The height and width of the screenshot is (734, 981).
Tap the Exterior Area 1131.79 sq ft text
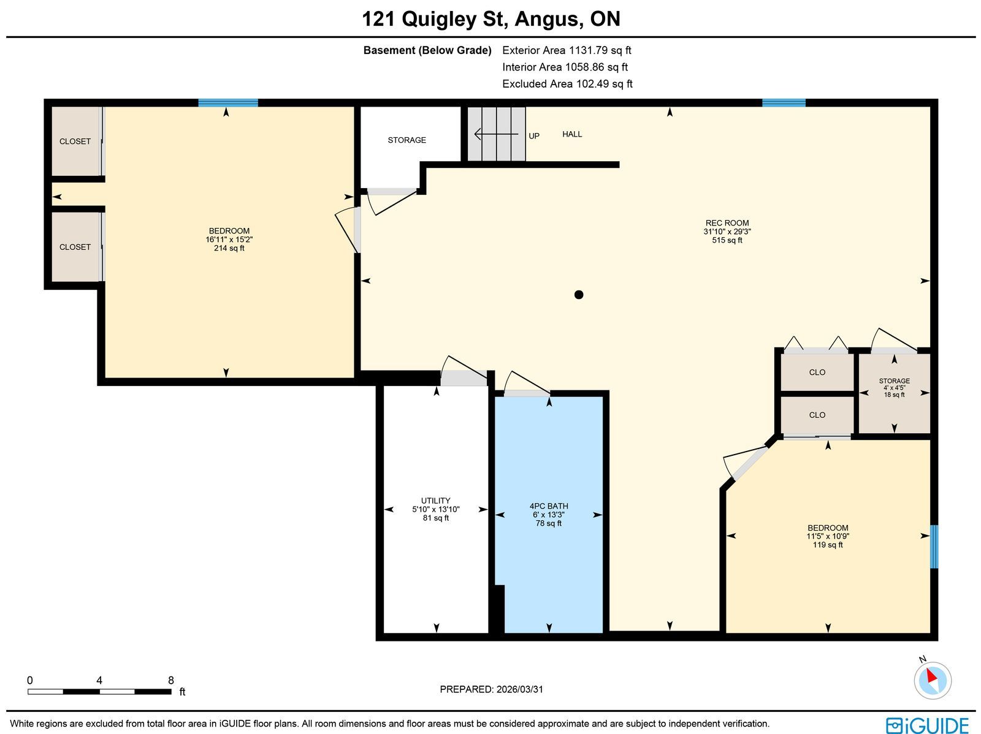[567, 50]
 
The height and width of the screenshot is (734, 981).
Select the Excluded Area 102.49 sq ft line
[567, 84]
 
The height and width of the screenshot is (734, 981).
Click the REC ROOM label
[727, 223]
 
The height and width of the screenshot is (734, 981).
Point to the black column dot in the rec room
[578, 295]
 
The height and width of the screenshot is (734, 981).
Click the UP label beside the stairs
[533, 136]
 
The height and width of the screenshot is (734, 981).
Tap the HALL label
[571, 134]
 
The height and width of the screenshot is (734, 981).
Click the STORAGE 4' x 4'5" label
[894, 388]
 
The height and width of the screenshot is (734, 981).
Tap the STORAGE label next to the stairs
[407, 140]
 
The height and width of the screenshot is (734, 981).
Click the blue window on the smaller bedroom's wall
[934, 547]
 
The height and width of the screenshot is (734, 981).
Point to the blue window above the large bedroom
[228, 103]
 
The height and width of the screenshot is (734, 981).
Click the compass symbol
[933, 681]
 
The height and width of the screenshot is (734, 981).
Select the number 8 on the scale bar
[170, 680]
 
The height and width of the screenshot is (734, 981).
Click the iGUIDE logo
[927, 725]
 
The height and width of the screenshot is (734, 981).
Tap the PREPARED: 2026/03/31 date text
[491, 689]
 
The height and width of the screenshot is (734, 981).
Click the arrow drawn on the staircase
[496, 134]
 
